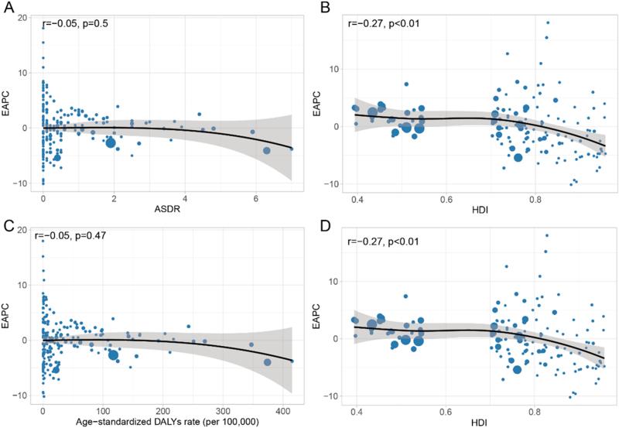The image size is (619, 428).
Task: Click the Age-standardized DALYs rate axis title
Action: click(x=167, y=420)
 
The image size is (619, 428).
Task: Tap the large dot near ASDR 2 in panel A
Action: click(x=111, y=142)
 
